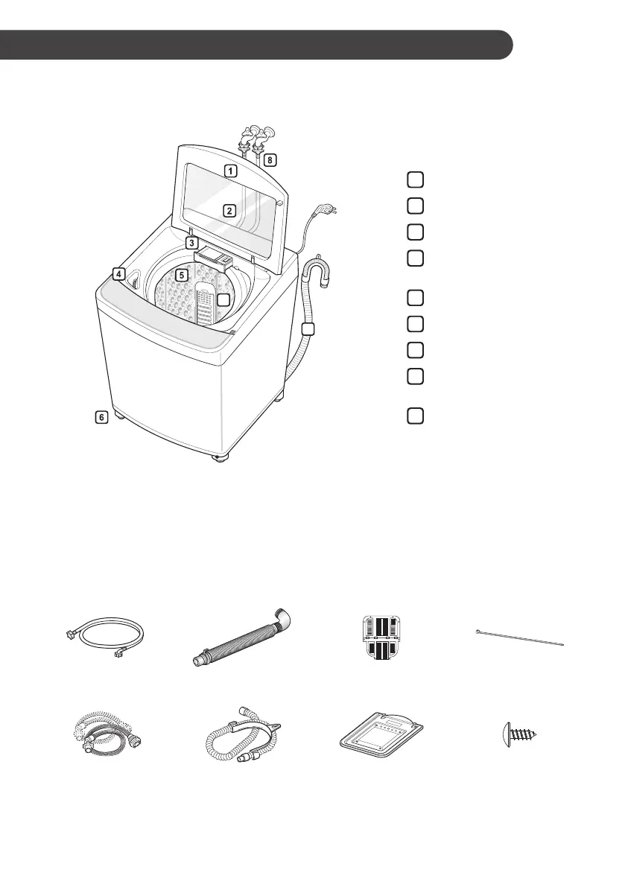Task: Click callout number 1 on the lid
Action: [231, 171]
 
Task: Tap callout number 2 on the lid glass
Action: [230, 210]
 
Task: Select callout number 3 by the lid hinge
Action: [191, 243]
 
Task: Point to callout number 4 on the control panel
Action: [118, 273]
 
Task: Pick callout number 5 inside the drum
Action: [181, 274]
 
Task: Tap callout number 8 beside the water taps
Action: [270, 159]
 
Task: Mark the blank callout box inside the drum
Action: [224, 300]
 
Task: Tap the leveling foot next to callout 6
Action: [119, 422]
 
